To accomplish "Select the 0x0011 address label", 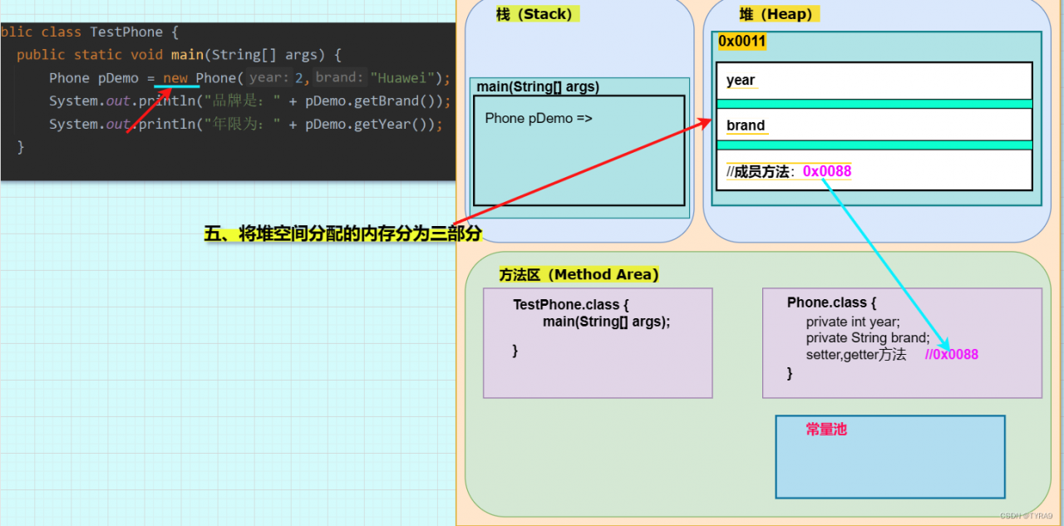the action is click(x=741, y=42).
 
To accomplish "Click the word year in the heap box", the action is click(x=741, y=80).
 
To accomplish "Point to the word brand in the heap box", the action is click(x=746, y=125).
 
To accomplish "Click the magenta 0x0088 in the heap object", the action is click(x=827, y=171).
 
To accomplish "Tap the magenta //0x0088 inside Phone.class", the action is click(x=952, y=354).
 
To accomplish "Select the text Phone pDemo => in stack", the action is click(x=539, y=118).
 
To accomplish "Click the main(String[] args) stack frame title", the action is click(x=538, y=87).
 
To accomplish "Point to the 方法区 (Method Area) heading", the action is click(x=579, y=274).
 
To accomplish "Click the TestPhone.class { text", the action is click(x=570, y=304).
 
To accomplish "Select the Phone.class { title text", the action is click(x=831, y=302).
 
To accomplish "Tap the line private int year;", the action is click(x=853, y=322).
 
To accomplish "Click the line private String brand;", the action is click(x=868, y=338).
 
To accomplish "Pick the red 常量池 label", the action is click(x=826, y=429).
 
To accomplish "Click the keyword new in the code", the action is click(x=175, y=78).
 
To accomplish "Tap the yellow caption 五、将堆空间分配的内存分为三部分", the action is click(x=343, y=234).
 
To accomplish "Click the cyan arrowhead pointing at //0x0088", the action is click(x=945, y=344).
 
